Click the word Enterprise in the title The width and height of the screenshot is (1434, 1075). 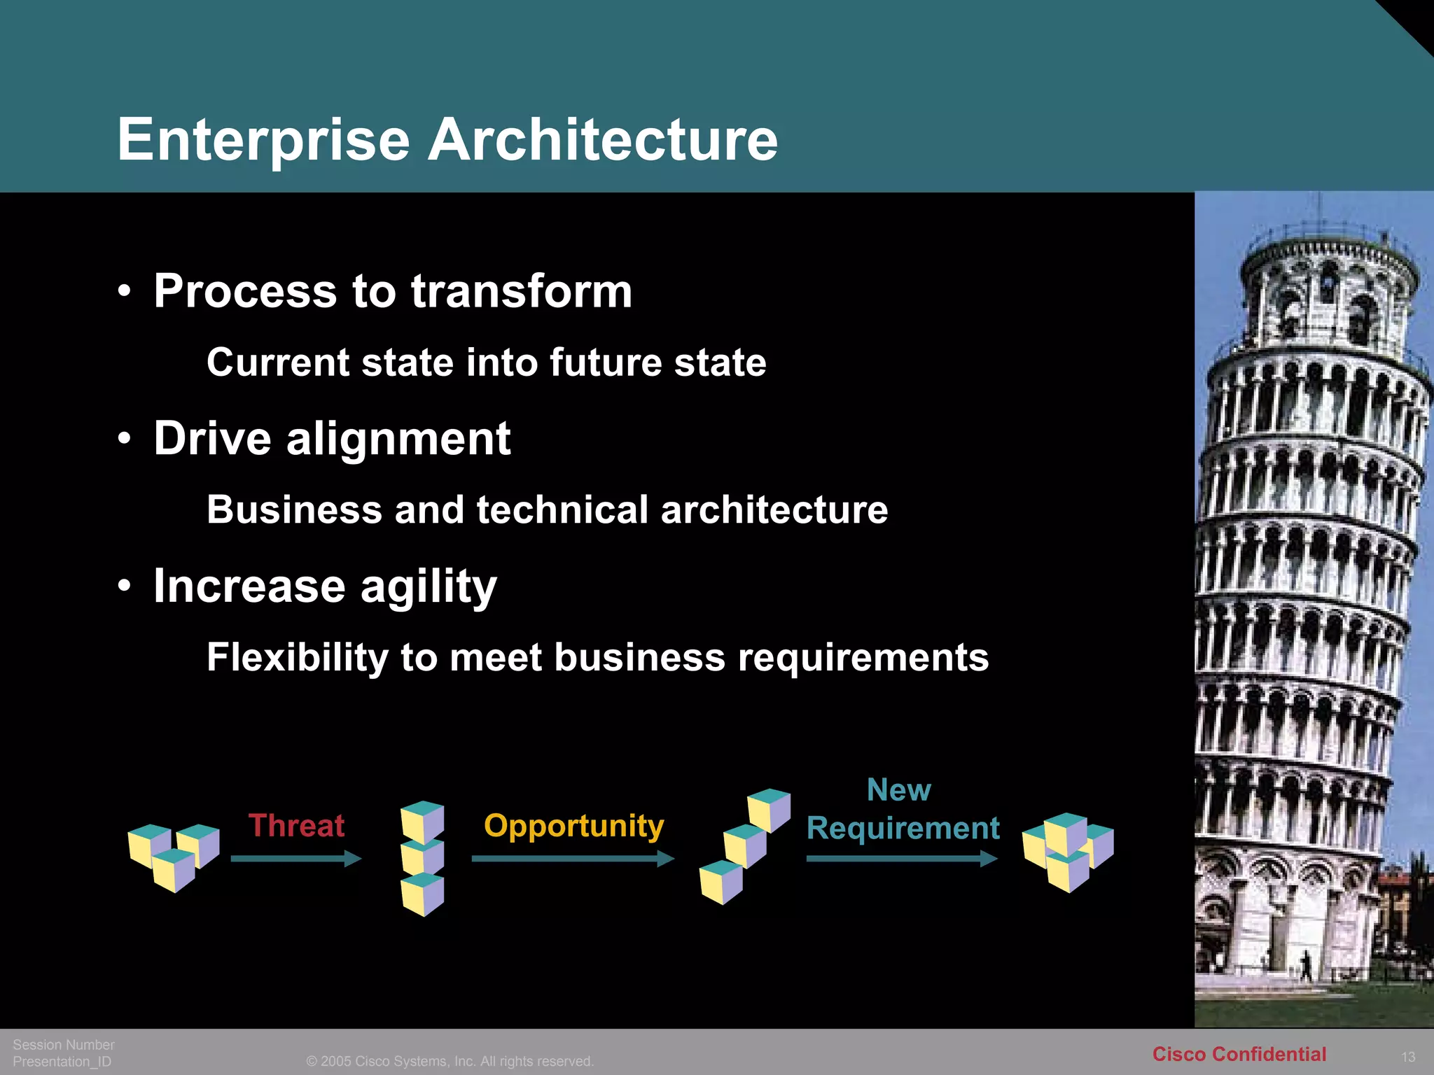(263, 140)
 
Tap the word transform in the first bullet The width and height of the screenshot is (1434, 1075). (522, 291)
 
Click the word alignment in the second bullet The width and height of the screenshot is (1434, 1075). (398, 439)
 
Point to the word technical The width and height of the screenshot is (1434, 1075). (562, 510)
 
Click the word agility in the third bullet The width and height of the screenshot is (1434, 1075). (429, 586)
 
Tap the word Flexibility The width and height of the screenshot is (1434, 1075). (297, 657)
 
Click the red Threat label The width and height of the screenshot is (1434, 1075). (296, 826)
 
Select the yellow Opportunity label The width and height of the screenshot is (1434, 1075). (573, 827)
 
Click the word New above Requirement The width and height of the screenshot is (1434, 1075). (898, 790)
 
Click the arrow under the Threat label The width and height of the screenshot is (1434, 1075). (295, 858)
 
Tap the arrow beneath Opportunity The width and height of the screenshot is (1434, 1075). (572, 858)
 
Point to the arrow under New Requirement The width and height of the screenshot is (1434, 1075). (901, 858)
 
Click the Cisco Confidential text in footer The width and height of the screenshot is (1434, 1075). (1239, 1054)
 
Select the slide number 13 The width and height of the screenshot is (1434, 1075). (1408, 1057)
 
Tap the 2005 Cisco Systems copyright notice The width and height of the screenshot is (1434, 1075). (450, 1061)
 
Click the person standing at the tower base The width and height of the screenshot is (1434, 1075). (1305, 966)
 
